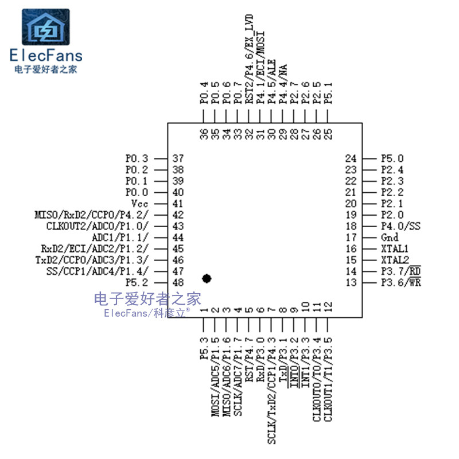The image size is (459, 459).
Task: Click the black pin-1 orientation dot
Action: point(207,278)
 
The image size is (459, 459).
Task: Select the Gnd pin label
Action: point(390,238)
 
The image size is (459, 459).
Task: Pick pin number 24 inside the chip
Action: point(351,158)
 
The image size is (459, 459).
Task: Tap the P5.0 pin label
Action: point(392,158)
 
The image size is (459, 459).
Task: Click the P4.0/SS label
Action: point(400,226)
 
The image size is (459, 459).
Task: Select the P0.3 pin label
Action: point(137,158)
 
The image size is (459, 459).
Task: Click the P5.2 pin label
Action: point(137,283)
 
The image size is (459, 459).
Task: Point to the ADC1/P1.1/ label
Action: point(120,238)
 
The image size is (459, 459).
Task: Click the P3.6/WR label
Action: point(400,283)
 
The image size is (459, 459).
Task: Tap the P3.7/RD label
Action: point(400,271)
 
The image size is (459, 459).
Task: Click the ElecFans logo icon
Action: point(46,27)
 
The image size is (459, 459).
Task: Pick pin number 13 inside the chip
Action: point(351,283)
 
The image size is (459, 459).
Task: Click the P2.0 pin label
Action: point(392,215)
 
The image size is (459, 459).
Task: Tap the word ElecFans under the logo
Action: point(46,56)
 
